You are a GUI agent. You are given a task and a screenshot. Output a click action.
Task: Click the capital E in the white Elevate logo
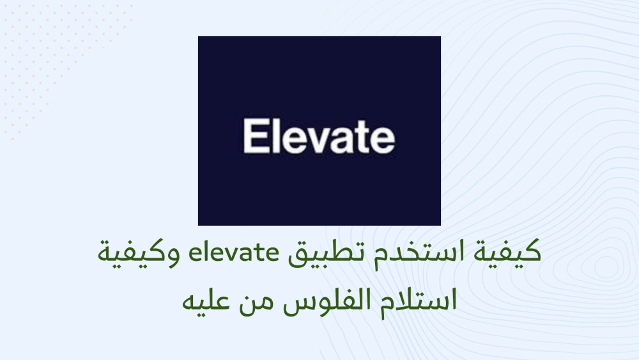click(x=253, y=136)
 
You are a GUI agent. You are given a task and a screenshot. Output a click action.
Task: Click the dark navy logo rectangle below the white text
click(x=319, y=192)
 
